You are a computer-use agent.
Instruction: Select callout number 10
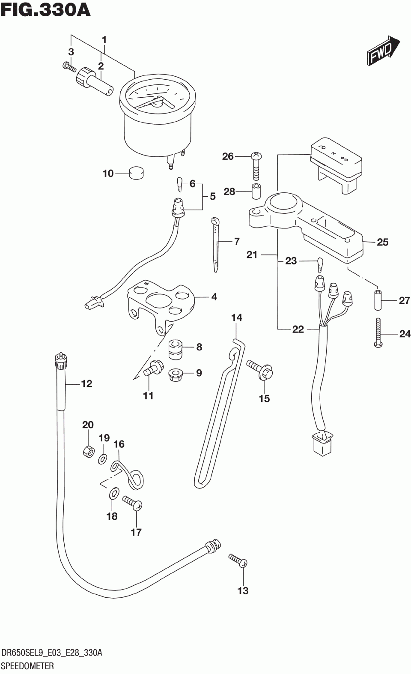pos(108,174)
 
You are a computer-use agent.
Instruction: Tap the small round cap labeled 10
pos(136,174)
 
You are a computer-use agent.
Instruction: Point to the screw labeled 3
pos(69,67)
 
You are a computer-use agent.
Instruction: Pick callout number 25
pos(382,242)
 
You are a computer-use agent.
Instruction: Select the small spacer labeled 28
pos(256,191)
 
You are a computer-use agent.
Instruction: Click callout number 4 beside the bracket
pos(214,297)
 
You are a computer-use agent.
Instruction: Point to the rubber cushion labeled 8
pos(176,347)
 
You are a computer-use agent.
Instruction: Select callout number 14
pos(237,318)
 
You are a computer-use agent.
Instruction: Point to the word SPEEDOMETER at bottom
pos(28,666)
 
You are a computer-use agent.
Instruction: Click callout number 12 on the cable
pos(86,383)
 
